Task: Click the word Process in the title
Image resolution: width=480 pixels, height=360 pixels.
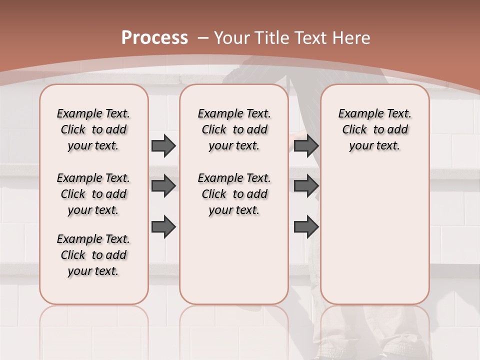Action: tap(154, 38)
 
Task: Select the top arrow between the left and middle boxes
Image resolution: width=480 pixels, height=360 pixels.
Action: tap(163, 145)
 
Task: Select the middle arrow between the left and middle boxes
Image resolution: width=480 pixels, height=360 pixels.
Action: tap(163, 186)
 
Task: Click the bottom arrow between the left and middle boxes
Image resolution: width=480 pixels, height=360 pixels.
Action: tap(163, 226)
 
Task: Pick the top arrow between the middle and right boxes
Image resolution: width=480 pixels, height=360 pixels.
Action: tap(306, 145)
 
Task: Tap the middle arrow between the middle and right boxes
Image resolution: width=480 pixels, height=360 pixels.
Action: tap(306, 186)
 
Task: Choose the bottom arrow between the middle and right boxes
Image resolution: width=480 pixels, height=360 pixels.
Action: tap(306, 226)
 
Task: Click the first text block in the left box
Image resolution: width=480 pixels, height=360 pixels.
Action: tap(93, 129)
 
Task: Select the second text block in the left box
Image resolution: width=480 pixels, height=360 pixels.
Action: tap(93, 194)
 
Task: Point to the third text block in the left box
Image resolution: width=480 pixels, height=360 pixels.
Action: tap(93, 255)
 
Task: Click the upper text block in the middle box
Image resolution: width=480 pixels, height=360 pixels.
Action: tap(234, 129)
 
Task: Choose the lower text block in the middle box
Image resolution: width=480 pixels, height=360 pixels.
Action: tap(234, 194)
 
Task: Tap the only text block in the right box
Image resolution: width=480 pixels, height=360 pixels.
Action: tap(375, 129)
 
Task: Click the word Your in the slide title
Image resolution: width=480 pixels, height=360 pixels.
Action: tap(232, 38)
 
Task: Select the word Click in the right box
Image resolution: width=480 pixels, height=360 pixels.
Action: tap(354, 130)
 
